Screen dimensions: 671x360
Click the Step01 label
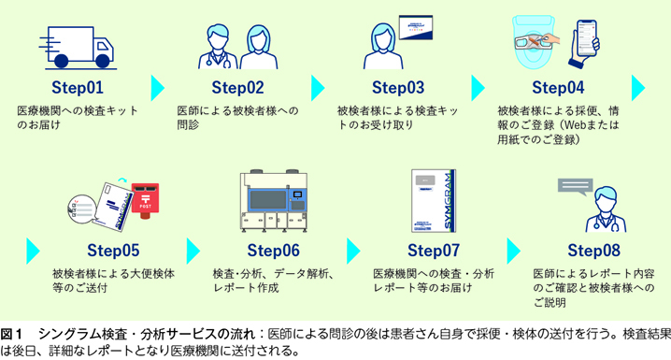coord(78,88)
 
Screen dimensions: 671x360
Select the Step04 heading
coord(558,88)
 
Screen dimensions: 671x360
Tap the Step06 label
coord(274,251)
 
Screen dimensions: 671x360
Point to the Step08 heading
coord(593,251)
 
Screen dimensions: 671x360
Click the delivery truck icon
coord(78,48)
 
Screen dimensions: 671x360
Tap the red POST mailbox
coord(145,200)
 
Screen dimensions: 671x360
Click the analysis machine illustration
coord(274,201)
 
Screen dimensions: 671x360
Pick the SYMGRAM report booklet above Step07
coord(434,201)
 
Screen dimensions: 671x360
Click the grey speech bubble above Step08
coord(575,187)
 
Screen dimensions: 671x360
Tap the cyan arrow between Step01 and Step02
coord(158,88)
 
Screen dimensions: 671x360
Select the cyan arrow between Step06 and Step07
coord(353,251)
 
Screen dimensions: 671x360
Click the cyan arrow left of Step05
coord(33,251)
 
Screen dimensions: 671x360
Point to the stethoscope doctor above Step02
coord(218,47)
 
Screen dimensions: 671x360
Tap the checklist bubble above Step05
coord(81,209)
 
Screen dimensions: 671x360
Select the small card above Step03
coord(416,27)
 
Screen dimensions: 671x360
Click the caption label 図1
coord(10,335)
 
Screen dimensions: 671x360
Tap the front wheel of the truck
coord(103,61)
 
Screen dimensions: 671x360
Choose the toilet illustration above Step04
coord(534,42)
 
